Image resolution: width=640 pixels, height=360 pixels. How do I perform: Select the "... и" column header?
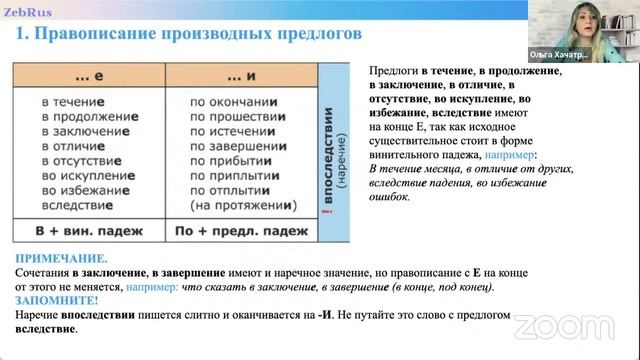tap(241, 76)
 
